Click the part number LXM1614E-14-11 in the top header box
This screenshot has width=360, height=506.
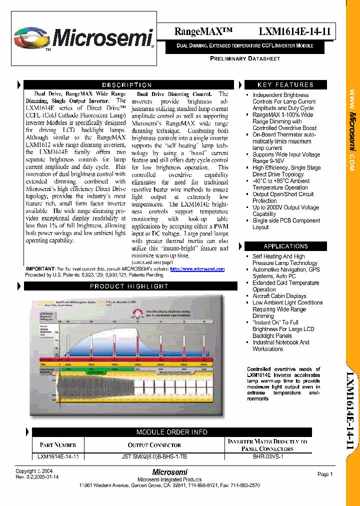pos(294,31)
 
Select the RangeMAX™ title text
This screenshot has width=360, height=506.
pos(203,31)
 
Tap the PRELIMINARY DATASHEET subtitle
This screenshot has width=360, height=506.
pos(245,58)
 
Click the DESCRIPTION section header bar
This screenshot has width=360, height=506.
pos(127,85)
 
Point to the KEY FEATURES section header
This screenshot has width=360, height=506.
pos(285,85)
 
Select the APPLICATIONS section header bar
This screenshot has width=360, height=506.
pos(285,246)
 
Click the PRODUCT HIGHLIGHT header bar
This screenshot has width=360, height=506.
pos(129,286)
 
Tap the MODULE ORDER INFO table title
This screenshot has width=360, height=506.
pos(172,432)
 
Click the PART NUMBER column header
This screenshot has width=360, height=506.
pos(58,445)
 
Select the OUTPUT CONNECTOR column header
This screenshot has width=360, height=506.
pos(154,445)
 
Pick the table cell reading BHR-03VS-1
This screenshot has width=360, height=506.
pos(268,456)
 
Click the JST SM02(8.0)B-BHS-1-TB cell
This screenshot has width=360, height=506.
pos(154,456)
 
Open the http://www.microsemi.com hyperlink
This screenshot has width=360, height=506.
pos(197,269)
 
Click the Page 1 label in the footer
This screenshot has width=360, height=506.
pos(325,474)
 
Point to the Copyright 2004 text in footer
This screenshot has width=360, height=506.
pos(33,471)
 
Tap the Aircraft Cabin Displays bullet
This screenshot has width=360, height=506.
pos(279,296)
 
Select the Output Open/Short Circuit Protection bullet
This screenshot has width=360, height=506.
pos(283,197)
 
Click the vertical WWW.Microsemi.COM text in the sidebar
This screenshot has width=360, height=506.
pos(352,130)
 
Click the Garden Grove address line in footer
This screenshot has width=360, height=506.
pos(169,485)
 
